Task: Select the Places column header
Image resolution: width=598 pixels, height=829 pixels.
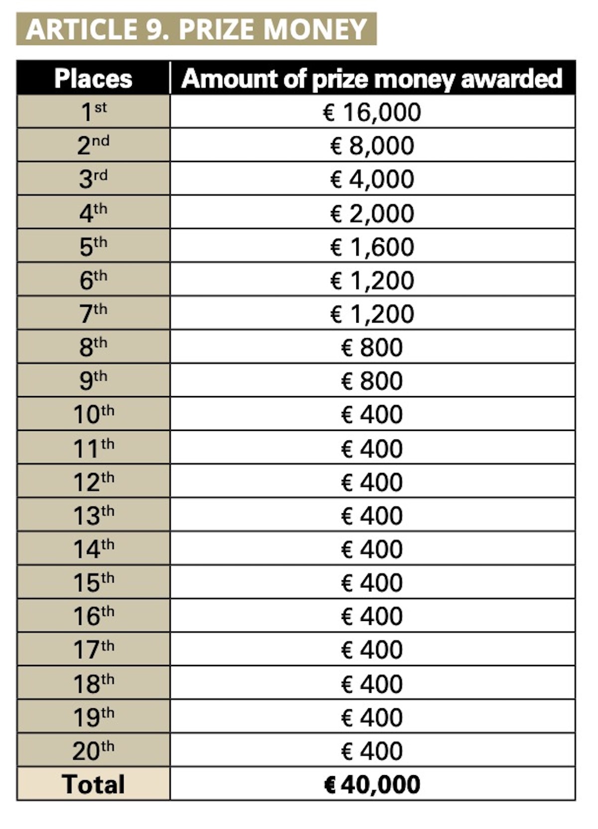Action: (x=93, y=79)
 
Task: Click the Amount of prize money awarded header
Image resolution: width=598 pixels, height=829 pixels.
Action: (x=372, y=79)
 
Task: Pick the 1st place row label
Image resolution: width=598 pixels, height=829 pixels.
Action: (x=93, y=112)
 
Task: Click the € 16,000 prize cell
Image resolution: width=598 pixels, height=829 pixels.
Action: (x=372, y=112)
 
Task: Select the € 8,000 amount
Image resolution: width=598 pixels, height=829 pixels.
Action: (x=372, y=146)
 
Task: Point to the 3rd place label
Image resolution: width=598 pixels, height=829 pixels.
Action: (x=93, y=179)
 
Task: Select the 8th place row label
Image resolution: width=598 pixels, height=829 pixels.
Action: (x=93, y=347)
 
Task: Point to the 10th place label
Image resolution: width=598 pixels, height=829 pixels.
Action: (x=93, y=414)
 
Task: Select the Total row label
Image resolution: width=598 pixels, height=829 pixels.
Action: (x=93, y=784)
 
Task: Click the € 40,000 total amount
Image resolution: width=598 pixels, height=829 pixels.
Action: (x=372, y=784)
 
